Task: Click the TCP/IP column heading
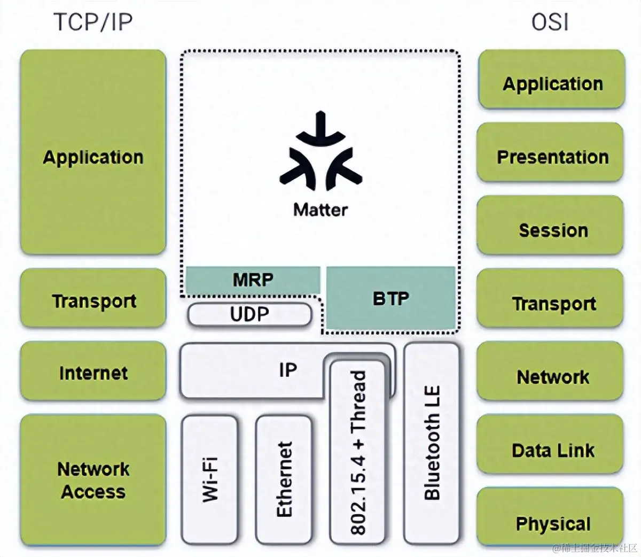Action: [93, 22]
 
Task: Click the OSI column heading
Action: [550, 22]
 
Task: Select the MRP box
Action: [253, 280]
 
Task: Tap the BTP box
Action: [391, 298]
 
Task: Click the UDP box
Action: [249, 314]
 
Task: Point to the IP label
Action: [288, 370]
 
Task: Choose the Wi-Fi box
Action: [210, 479]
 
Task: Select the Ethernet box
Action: [284, 479]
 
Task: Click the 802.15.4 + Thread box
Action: [357, 452]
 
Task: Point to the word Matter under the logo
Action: [320, 210]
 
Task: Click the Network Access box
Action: [93, 479]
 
